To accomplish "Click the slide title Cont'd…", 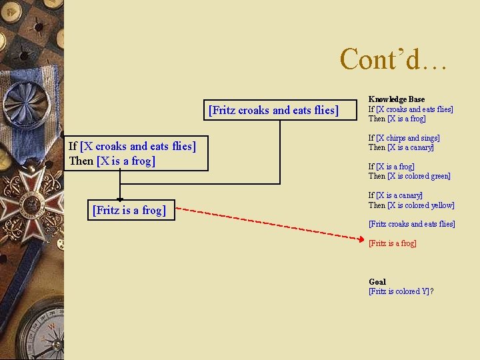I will tap(394, 59).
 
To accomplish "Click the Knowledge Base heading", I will tap(396, 99).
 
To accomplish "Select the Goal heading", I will tap(377, 281).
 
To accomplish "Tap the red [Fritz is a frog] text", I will tap(393, 243).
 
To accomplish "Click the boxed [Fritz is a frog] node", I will tap(128, 210).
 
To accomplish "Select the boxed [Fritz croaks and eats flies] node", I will tap(273, 110).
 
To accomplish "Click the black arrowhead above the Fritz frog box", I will tap(120, 197).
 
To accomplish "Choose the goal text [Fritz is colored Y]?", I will tap(401, 291).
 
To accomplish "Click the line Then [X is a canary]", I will tap(401, 147).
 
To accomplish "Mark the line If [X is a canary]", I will tap(395, 195).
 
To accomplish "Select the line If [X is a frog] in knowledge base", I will tap(391, 167).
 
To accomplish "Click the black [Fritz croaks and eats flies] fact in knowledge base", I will tap(411, 224).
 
